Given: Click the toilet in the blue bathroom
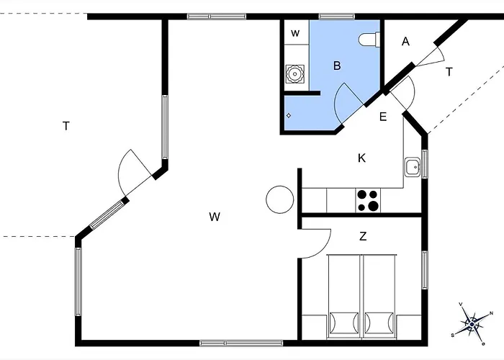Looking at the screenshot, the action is tap(369, 40).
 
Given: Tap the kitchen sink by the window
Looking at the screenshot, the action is tap(412, 167).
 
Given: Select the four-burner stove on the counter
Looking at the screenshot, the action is tap(368, 201).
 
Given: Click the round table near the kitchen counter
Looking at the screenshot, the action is tap(279, 199).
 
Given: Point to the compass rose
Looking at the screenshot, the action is tap(472, 324).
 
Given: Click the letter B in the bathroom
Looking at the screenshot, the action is tap(337, 66).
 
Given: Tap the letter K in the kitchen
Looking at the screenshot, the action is tap(361, 158).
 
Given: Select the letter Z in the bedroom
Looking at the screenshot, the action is tap(363, 236).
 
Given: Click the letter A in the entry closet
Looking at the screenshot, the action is tap(405, 42).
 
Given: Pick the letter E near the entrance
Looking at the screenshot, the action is tap(383, 117).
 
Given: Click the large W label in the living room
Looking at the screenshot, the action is tap(215, 217).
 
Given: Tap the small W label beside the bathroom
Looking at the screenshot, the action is tap(295, 33).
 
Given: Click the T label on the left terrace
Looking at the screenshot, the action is tap(66, 126).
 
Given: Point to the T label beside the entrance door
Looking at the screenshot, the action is tap(449, 72).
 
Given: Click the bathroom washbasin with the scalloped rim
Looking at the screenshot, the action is tap(294, 74).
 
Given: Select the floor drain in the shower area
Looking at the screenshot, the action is tap(288, 115).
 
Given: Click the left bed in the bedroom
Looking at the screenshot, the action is tap(344, 296).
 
